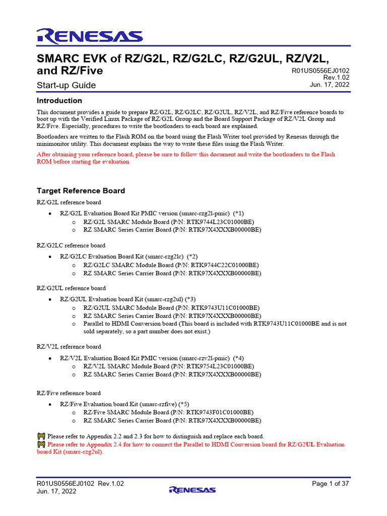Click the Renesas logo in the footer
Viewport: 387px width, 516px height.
coord(192,489)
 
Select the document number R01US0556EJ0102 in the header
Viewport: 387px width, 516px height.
coord(320,71)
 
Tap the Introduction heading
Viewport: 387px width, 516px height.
coord(59,100)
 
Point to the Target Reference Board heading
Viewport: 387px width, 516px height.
coord(81,191)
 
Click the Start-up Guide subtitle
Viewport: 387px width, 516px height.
coord(67,85)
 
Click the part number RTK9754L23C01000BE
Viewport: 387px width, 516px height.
coord(219,366)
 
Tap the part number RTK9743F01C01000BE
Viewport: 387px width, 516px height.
coord(218,412)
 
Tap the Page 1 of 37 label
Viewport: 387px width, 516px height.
coord(331,484)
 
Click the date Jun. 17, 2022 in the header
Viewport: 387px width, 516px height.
coord(330,85)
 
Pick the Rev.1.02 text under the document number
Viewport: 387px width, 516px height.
coord(336,78)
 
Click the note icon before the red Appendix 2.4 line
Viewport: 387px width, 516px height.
coord(41,444)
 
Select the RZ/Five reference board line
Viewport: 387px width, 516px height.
coord(69,393)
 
